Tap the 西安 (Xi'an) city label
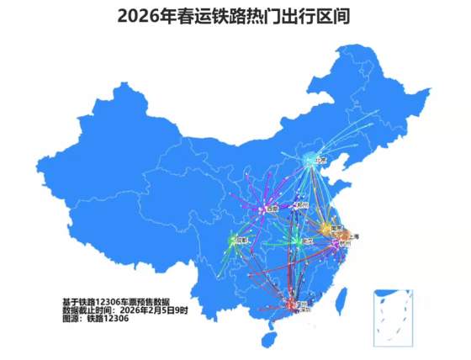(x=271, y=208)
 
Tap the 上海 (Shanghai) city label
(x=353, y=236)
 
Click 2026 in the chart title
(x=140, y=15)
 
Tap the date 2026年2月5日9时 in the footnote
(x=156, y=310)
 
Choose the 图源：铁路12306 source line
(x=95, y=320)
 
